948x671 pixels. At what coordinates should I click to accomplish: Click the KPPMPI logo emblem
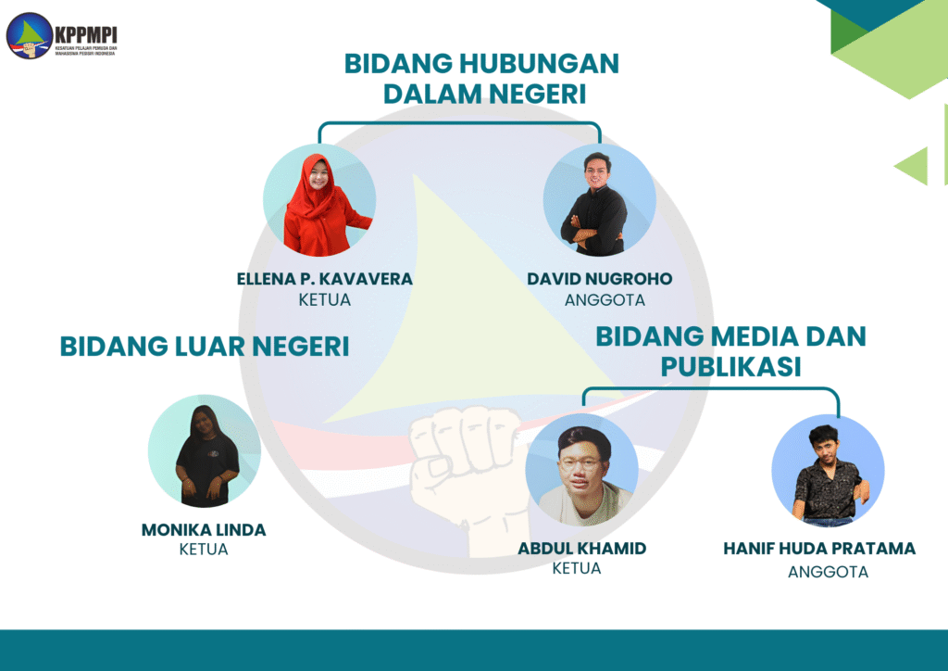tap(29, 36)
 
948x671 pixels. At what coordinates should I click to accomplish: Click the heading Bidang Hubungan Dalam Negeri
tap(481, 79)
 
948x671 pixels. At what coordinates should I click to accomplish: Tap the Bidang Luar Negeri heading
tap(205, 347)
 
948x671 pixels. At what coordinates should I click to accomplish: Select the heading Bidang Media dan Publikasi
tap(730, 351)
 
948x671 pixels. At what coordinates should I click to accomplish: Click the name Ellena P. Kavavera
tap(325, 279)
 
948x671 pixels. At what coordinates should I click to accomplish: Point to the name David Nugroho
tap(599, 279)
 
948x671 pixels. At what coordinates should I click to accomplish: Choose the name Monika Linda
tap(204, 530)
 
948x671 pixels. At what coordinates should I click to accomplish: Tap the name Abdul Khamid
tap(581, 548)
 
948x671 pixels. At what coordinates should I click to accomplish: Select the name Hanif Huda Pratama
tap(819, 548)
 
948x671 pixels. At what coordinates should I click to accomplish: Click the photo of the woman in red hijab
tap(319, 200)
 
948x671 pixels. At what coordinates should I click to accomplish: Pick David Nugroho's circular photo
tap(599, 200)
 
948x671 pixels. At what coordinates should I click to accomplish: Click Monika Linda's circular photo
tap(205, 451)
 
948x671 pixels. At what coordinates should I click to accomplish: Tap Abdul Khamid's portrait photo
tap(581, 470)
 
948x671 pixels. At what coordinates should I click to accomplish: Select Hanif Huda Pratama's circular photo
tap(828, 471)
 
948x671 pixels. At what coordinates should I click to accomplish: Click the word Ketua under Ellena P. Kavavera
tap(325, 300)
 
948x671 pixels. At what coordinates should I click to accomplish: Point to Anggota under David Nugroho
tap(605, 300)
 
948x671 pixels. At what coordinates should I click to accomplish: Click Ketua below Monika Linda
tap(204, 550)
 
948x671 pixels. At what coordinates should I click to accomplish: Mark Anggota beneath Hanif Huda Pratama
tap(828, 572)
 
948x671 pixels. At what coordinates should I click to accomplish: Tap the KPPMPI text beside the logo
tap(85, 36)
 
